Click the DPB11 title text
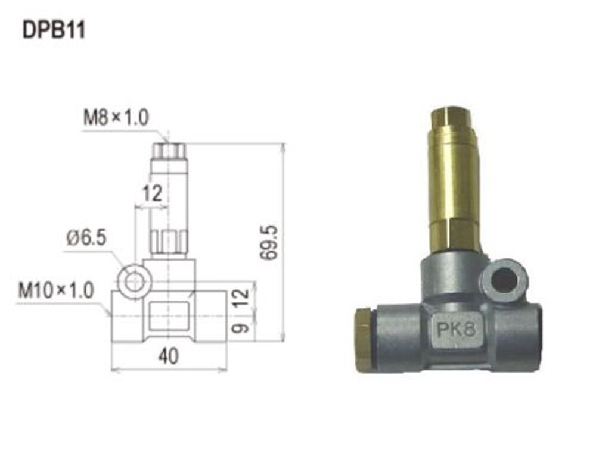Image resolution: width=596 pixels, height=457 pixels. coord(54,30)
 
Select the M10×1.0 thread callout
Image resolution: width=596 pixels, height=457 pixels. coord(55,291)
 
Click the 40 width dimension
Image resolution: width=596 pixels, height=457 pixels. coord(169,356)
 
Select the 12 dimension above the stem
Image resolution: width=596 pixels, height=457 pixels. coord(152,194)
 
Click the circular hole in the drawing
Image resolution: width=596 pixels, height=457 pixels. coord(134,281)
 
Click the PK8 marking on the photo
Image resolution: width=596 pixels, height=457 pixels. coord(455,329)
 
